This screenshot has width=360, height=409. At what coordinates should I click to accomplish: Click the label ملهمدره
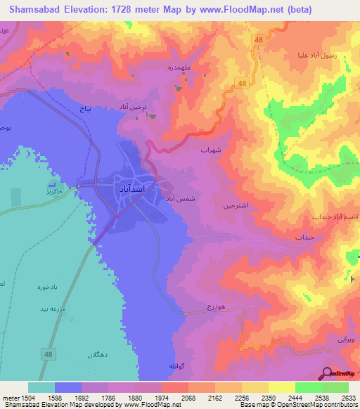point(193,72)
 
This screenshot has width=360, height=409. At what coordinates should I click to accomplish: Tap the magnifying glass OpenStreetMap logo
point(326,373)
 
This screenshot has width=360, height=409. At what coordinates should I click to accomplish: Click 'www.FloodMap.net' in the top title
point(240,10)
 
